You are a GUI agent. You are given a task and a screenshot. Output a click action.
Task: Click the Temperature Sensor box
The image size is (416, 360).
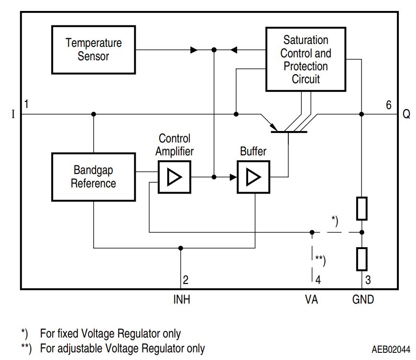93,49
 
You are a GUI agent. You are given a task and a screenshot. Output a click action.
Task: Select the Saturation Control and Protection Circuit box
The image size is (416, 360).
306,59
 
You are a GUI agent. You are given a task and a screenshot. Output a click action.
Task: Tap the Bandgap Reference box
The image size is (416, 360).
93,176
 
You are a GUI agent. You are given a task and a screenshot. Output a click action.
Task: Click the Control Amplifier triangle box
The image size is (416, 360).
174,177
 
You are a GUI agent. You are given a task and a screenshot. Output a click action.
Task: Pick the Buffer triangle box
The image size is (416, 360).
253,177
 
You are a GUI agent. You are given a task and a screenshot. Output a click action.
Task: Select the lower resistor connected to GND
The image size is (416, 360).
362,259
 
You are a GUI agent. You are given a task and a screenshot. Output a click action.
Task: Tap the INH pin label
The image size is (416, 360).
181,300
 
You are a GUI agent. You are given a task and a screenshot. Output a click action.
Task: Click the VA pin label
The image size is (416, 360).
312,300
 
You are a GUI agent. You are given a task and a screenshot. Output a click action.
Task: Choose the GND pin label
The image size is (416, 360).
363,300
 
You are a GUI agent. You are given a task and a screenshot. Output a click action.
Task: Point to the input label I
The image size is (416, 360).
13,115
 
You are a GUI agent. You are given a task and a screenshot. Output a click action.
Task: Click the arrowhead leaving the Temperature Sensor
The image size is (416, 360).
194,50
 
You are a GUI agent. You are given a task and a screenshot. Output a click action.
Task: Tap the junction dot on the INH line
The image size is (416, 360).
180,248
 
